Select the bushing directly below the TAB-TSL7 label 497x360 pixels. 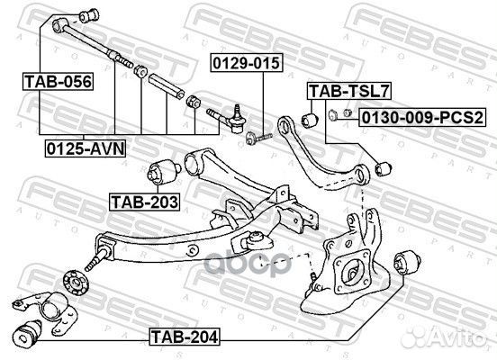311,117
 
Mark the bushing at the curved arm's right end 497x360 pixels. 382,167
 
